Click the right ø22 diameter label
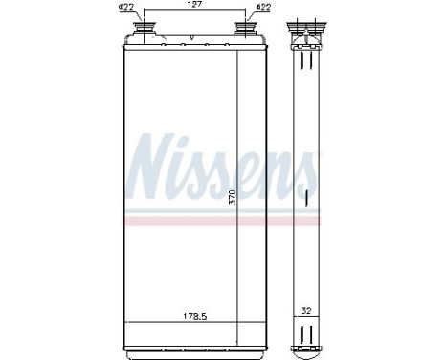262,10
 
